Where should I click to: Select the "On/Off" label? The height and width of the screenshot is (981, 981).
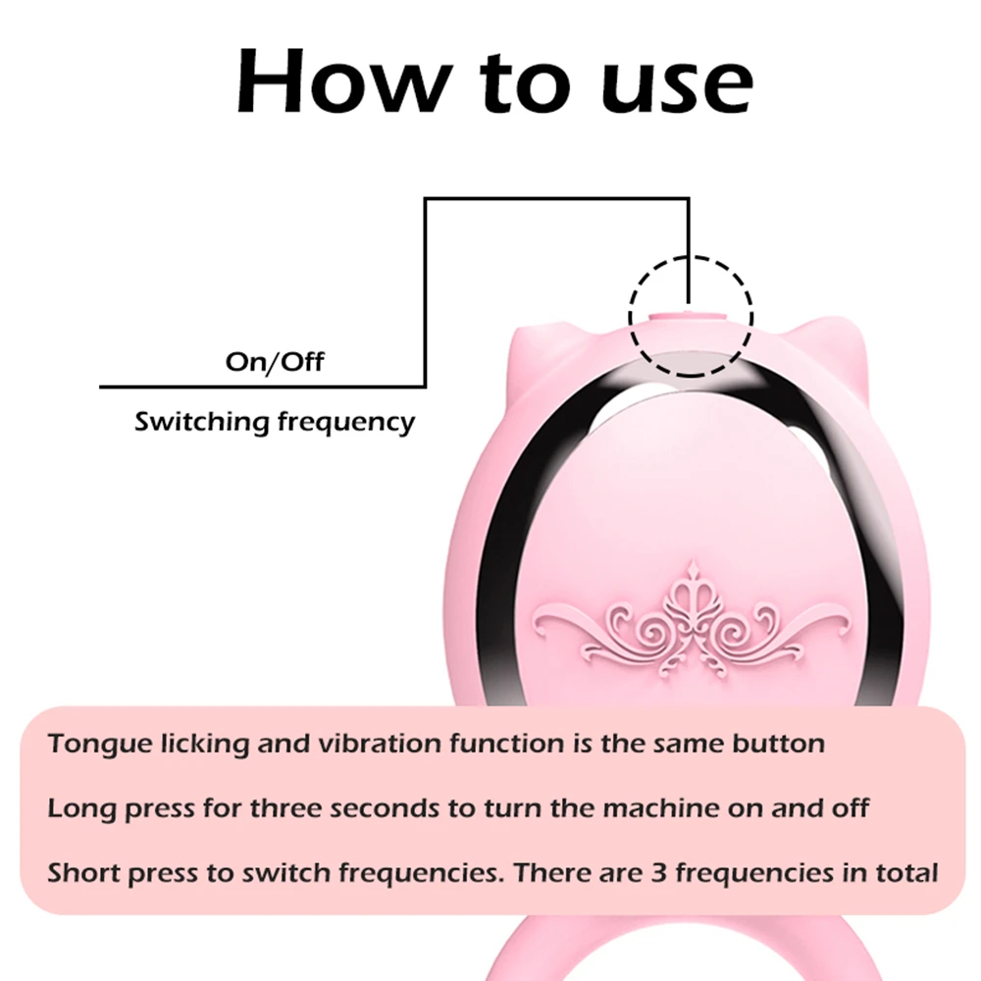coord(274,362)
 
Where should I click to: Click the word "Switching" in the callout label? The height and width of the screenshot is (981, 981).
coord(201,423)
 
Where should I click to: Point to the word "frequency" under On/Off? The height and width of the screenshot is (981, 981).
coord(346,424)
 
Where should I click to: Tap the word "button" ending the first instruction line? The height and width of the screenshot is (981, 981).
coord(779,743)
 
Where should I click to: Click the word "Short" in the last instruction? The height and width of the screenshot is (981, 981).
coord(83,871)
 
